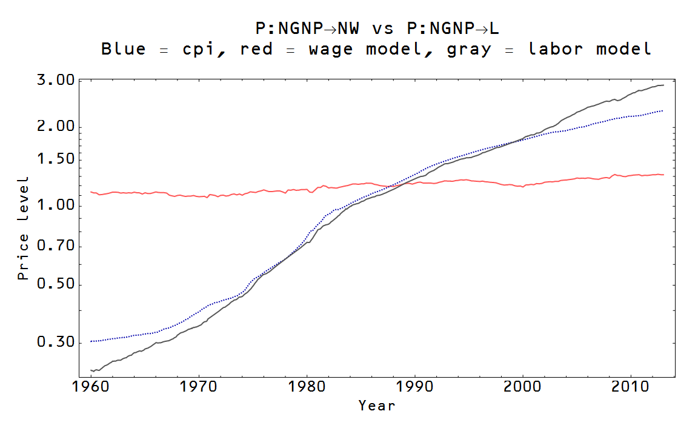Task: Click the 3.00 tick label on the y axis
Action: tap(56, 80)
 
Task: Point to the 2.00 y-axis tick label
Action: tap(56, 127)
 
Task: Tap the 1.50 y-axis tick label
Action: tap(56, 159)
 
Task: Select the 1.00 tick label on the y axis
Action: tap(56, 205)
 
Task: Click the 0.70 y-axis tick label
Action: tap(56, 246)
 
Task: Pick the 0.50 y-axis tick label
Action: tap(56, 284)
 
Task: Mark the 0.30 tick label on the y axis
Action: tap(56, 342)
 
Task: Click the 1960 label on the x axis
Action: tap(91, 387)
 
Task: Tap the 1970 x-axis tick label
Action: tap(199, 387)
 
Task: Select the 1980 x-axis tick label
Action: tap(307, 387)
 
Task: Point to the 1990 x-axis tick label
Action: tap(414, 387)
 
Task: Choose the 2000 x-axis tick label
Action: tap(522, 387)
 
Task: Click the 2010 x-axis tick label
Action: tap(630, 387)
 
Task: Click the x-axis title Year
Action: tap(377, 406)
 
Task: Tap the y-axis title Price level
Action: tap(23, 228)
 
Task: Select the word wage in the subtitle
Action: tap(331, 50)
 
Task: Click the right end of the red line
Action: tap(663, 175)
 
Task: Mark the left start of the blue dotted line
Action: tap(91, 341)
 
